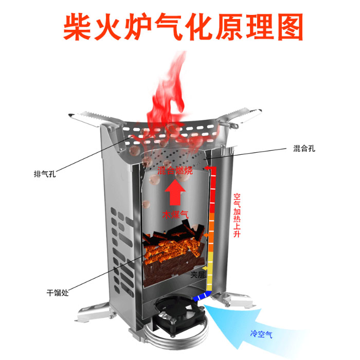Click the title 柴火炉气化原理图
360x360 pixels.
pos(183,27)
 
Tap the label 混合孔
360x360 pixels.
pos(304,149)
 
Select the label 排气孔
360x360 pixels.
pos(45,174)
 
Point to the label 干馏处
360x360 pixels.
pos(58,293)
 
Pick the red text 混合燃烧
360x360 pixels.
pos(175,170)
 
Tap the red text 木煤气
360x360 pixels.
pos(175,214)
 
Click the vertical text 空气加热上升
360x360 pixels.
pos(237,215)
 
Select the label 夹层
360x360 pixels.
pos(197,275)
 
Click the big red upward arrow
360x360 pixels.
pos(175,192)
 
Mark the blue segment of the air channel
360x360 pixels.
pos(202,296)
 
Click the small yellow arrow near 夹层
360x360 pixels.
pos(205,268)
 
